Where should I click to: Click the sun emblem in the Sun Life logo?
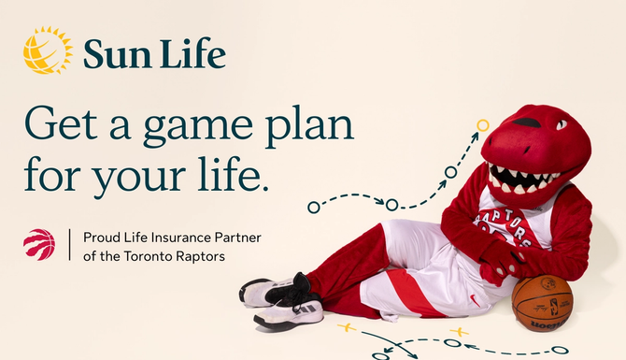pos(47,50)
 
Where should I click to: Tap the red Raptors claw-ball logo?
pos(39,244)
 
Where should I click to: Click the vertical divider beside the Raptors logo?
pos(69,245)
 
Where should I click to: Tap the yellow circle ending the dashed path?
pos(483,124)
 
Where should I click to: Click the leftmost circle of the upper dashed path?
pos(313,207)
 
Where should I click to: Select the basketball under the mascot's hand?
pos(541,302)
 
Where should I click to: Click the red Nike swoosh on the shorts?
pos(476,300)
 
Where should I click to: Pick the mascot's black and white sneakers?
pos(280,299)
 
